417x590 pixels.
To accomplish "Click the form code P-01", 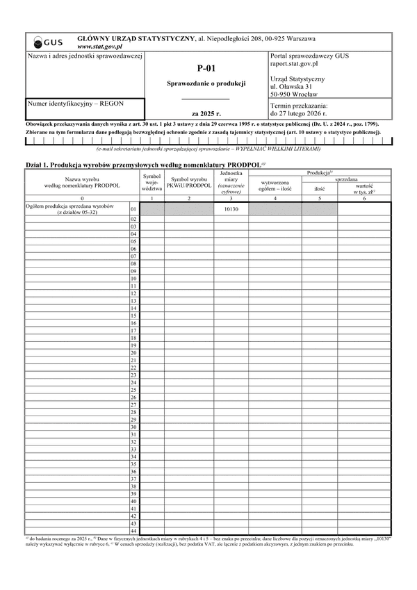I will point(206,68).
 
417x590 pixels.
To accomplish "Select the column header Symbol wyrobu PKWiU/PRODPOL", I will point(188,183).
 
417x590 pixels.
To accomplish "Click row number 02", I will point(133,220).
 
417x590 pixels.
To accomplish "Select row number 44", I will point(133,531).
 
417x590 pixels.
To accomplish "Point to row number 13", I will point(133,301).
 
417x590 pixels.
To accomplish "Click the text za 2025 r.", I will point(206,113).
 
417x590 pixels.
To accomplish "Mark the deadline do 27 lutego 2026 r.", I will point(303,113).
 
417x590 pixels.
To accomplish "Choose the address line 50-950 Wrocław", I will point(293,94).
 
